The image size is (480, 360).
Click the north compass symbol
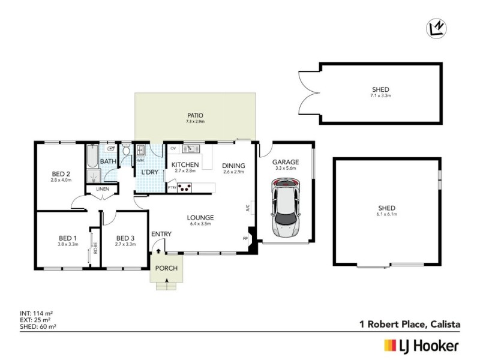click(x=436, y=28)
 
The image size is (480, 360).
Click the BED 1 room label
click(x=67, y=237)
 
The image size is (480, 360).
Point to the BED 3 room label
click(x=125, y=237)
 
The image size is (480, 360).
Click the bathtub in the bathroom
click(x=92, y=157)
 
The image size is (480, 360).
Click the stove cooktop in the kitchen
click(x=184, y=187)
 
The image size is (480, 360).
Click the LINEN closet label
click(x=102, y=190)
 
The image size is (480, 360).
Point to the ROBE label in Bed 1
click(x=95, y=248)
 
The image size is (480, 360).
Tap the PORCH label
click(x=166, y=268)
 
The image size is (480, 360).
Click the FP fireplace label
click(x=245, y=238)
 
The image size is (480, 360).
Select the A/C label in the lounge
click(x=247, y=209)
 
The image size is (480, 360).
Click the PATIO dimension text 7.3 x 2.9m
click(x=195, y=121)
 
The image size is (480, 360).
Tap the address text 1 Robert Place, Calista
click(x=410, y=324)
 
